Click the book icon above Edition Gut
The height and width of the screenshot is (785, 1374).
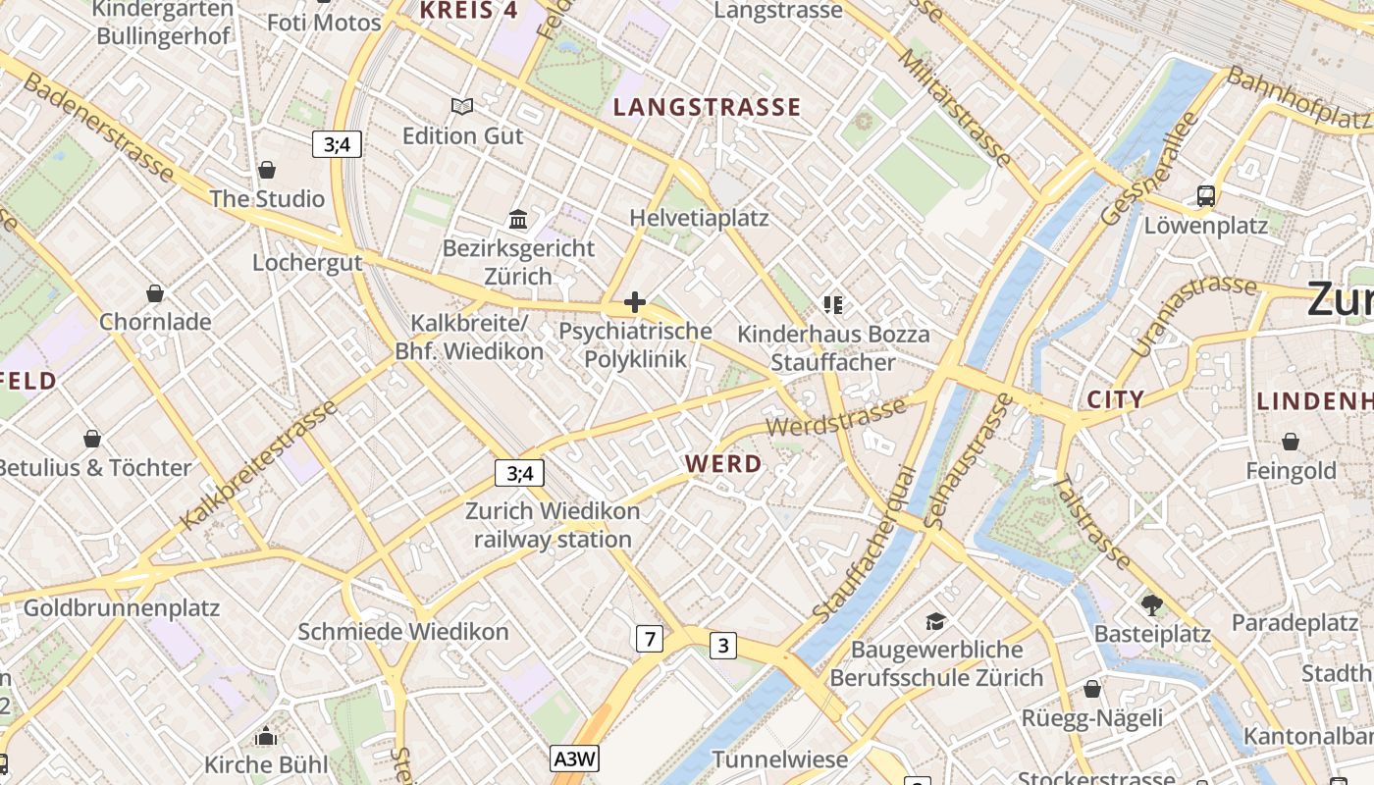click(461, 106)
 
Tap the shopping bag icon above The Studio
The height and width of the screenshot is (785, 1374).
click(266, 170)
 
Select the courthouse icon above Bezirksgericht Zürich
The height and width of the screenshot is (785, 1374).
click(518, 219)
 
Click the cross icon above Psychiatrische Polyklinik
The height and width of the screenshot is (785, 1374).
click(635, 302)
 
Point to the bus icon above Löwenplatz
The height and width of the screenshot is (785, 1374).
click(1206, 196)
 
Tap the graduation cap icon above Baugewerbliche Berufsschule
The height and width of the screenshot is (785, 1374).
click(935, 621)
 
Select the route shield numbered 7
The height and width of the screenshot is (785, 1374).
click(649, 639)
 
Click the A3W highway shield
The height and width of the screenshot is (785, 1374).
click(574, 759)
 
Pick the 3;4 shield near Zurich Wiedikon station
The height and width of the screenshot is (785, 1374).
click(519, 473)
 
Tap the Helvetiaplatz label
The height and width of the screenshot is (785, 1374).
click(699, 218)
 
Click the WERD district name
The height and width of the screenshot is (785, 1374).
click(723, 464)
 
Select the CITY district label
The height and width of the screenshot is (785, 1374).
click(1116, 399)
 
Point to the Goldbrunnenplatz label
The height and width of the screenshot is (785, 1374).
click(121, 607)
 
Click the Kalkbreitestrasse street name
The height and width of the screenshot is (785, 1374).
click(258, 465)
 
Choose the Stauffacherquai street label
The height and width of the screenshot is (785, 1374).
click(865, 543)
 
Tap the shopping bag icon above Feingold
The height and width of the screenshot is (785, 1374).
click(1291, 443)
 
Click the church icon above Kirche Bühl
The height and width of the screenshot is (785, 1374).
click(266, 736)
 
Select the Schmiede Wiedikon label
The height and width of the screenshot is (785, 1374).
click(403, 632)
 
